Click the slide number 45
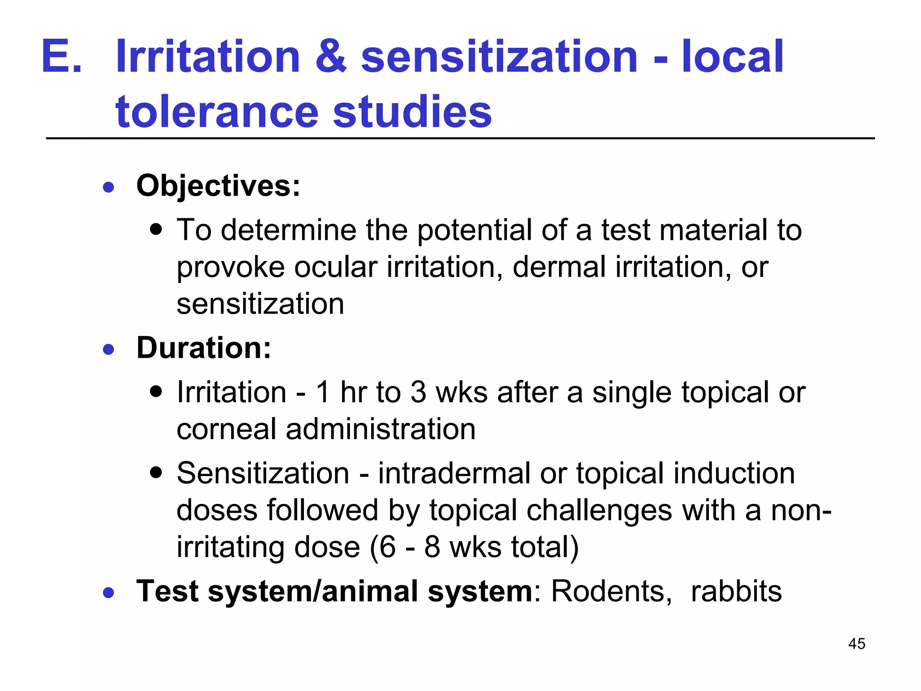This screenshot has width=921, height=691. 856,644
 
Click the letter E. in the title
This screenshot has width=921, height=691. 62,57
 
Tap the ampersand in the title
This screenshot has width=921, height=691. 331,57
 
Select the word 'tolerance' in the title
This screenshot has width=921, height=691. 217,112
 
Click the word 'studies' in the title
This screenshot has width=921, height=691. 412,112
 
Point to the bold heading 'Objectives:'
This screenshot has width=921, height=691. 218,186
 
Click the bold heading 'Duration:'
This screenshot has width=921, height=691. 204,348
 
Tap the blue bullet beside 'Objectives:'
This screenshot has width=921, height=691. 108,187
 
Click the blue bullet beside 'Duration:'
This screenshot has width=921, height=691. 108,349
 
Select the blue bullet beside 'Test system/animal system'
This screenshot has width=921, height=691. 108,592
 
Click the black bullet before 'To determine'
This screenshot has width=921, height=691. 156,230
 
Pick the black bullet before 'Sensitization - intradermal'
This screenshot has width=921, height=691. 156,473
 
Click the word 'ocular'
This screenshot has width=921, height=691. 335,267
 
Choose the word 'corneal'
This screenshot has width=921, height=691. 226,429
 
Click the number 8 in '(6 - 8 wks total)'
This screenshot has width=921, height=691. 432,547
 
